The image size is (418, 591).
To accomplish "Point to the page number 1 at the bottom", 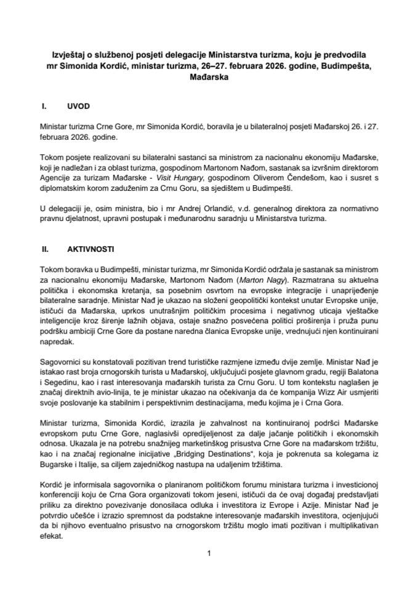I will (209, 553).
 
